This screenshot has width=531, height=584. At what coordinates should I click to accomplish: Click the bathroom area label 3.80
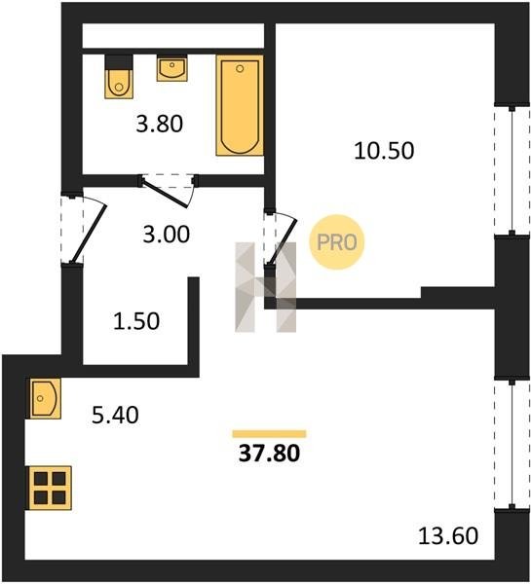160,124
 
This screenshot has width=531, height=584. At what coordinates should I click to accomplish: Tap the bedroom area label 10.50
384,151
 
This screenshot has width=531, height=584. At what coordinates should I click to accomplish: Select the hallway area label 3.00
167,235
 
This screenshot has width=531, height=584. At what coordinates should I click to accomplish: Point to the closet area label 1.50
136,321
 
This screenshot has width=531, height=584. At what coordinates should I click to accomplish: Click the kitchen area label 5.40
115,415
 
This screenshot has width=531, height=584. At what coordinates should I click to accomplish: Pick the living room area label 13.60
448,536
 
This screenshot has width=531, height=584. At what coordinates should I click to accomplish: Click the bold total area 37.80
269,454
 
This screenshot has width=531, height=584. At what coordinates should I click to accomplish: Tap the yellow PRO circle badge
337,242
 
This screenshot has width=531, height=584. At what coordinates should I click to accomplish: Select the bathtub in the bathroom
240,105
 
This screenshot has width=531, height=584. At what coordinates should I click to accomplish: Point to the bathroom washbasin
171,68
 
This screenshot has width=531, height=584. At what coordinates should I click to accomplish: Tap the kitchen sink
44,398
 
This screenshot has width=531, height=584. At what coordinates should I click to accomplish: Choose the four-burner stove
50,488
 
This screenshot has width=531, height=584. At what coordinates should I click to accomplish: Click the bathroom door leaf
166,192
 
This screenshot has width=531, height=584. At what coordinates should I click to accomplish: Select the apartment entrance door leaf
90,234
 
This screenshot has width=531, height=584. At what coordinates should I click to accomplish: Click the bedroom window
512,169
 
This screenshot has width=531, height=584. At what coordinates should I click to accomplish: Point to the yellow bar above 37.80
269,434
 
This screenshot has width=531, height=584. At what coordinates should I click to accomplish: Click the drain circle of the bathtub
240,68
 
